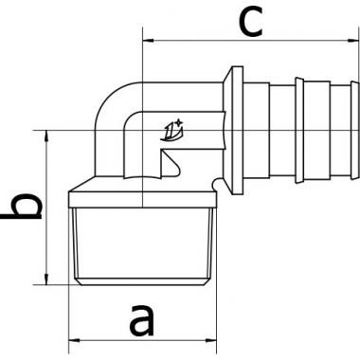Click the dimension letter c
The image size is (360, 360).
(251, 22)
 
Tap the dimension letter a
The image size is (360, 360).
(142, 319)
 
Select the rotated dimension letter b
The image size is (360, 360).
(22, 206)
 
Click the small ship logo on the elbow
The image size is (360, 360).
(172, 130)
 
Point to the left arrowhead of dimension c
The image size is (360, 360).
(148, 41)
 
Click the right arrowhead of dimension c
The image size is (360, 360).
(353, 41)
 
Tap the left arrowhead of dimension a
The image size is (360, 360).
(74, 340)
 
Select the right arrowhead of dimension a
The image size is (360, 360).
(211, 340)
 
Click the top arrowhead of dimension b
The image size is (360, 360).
(46, 135)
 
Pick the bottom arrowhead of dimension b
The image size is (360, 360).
(46, 279)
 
